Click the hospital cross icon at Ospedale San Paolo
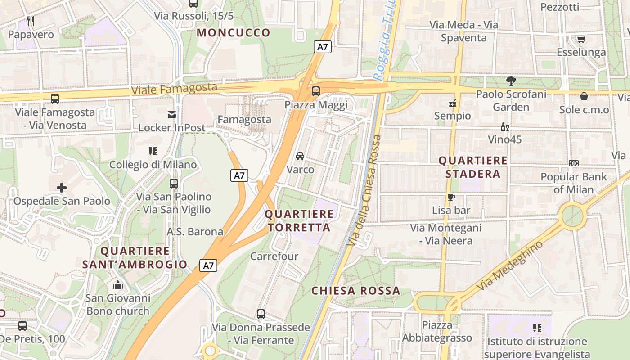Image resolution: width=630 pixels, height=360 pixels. click(62, 187)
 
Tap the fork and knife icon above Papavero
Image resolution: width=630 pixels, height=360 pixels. click(31, 21)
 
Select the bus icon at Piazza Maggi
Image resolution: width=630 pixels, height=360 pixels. click(316, 91)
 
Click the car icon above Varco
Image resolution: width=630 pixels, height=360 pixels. click(300, 156)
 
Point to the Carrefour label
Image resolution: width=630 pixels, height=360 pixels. click(274, 256)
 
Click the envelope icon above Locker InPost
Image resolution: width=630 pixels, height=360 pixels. click(171, 114)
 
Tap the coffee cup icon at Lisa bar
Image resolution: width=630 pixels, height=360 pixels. click(451, 197)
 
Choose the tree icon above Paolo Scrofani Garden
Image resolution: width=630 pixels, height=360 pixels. click(511, 81)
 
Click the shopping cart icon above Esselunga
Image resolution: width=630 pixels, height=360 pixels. click(581, 39)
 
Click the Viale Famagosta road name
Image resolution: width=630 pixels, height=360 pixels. click(175, 89)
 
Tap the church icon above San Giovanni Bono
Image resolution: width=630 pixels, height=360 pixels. click(118, 285)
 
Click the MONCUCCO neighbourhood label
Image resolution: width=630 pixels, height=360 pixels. click(234, 33)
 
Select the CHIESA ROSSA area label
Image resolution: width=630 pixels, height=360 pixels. click(355, 291)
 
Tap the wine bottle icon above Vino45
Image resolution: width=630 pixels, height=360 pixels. click(505, 127)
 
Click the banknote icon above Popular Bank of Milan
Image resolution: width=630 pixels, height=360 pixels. click(574, 163)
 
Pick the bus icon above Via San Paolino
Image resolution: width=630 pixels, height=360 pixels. click(173, 184)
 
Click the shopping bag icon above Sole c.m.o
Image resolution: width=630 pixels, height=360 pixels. click(584, 96)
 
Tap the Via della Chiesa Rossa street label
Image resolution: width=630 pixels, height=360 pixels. click(364, 191)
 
